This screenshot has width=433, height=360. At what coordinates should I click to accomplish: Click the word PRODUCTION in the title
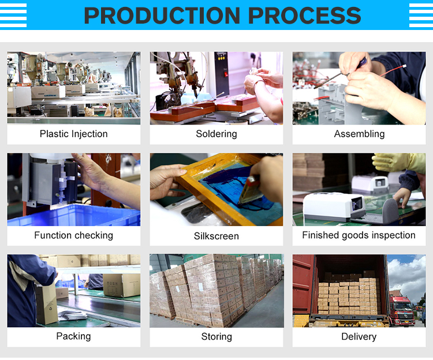coord(162,16)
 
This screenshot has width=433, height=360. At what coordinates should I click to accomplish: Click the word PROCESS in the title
coord(305,16)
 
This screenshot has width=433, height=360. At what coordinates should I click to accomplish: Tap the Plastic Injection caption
coord(73,134)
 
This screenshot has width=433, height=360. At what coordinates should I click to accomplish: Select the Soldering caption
coord(216,134)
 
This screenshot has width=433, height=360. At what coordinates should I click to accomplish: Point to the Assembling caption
coord(359,134)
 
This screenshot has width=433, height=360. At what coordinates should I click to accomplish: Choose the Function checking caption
coord(73,235)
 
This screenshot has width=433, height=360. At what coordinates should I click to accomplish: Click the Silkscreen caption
coord(216,236)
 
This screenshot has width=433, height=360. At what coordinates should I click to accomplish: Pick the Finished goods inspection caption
coord(359,235)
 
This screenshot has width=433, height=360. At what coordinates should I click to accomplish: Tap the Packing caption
coord(73,336)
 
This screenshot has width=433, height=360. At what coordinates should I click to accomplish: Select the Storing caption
coord(216,336)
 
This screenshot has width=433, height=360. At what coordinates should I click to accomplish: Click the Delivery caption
coord(359,336)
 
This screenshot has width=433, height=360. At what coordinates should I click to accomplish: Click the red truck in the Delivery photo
coord(402,310)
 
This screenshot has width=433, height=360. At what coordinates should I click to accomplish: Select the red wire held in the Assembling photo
coord(393,70)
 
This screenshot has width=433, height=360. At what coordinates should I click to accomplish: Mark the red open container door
coord(304,284)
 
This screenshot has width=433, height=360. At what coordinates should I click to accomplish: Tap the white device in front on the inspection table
coord(335,207)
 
